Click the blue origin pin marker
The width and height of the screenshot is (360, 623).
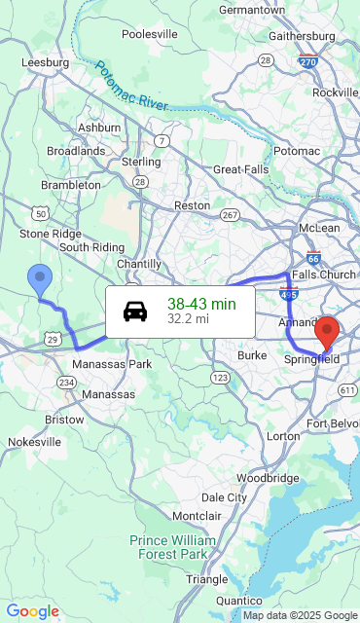(40, 279)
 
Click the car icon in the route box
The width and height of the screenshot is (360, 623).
(135, 311)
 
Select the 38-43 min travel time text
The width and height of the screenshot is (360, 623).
(201, 304)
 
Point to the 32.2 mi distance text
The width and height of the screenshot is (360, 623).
(188, 318)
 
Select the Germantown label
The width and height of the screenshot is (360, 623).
(252, 10)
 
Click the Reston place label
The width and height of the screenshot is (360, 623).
(192, 205)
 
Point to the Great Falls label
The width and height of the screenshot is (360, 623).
(241, 168)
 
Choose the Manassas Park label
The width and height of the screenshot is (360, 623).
(112, 364)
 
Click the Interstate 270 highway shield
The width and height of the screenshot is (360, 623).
(307, 61)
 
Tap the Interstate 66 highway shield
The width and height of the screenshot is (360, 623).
(312, 259)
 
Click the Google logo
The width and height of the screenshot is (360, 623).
(32, 611)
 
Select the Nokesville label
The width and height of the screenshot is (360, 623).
(35, 441)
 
